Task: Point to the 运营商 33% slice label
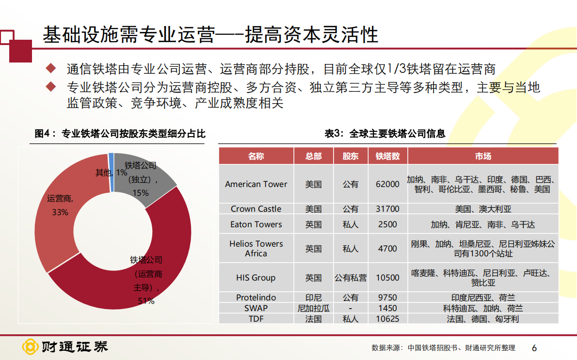(60, 205)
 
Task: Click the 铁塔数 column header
(387, 156)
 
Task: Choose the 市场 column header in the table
(483, 156)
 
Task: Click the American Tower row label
(256, 184)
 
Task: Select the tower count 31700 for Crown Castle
(387, 209)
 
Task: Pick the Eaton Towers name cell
(256, 224)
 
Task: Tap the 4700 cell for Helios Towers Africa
(387, 249)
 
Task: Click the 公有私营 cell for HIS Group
(351, 278)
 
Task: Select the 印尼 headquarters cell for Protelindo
(313, 297)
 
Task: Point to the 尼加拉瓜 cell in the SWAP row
(313, 308)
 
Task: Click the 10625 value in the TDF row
(387, 319)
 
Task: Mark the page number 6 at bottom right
(534, 348)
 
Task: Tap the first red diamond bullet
(51, 68)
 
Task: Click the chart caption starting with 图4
(120, 134)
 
